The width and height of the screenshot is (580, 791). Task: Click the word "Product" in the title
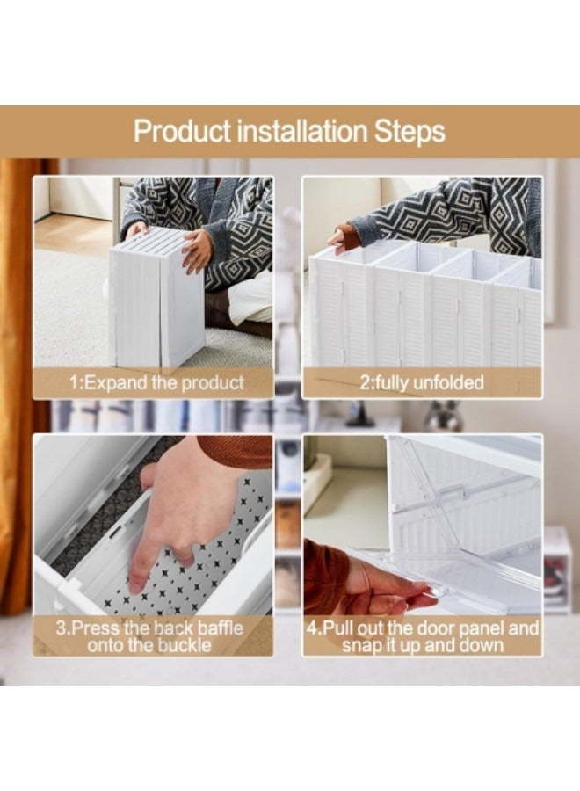182,132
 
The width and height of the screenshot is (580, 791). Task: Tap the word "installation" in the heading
301,131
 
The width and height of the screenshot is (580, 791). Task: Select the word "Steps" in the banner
409,132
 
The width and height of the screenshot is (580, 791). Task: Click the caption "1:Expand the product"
156,382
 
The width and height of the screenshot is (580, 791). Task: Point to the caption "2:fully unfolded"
422,382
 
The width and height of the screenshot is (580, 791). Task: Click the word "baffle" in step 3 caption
220,628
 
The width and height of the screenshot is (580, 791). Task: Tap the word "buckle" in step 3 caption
185,645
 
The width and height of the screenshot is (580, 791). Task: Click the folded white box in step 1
156,298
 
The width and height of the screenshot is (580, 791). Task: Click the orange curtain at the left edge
20,383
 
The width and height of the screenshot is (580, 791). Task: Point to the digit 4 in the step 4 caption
312,628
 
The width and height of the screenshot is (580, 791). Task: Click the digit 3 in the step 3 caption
61,628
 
